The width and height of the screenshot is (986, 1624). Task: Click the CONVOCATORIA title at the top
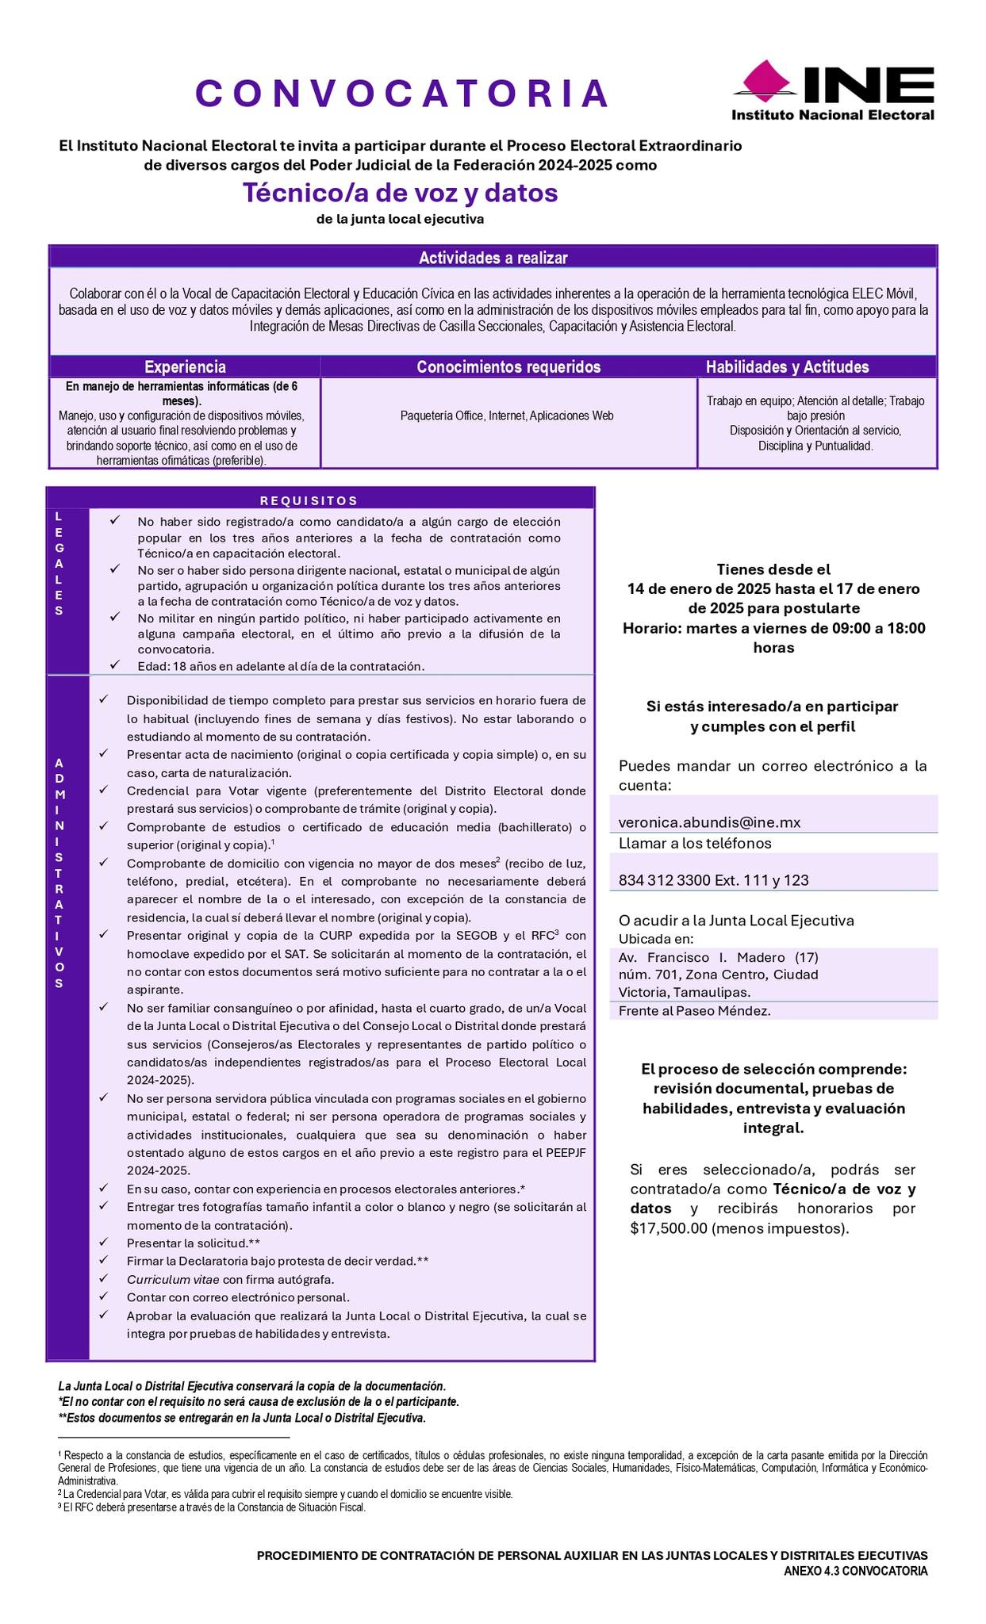point(401,94)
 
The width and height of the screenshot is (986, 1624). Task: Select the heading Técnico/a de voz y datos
point(400,193)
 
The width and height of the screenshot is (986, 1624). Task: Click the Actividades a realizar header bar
point(493,258)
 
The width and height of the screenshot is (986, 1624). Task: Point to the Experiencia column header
point(185,367)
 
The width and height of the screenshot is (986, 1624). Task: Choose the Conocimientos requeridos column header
point(508,367)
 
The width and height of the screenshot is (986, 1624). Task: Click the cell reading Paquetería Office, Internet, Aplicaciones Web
point(507,416)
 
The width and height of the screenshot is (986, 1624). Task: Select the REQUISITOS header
point(309,500)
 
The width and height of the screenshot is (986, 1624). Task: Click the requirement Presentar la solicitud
point(186,1243)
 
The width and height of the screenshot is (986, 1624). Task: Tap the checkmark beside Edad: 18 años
point(115,665)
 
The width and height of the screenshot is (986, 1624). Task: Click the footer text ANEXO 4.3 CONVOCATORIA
point(855,1571)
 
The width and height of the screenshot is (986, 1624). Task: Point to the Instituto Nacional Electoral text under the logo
point(832,115)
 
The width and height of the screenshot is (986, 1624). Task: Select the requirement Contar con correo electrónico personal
point(238,1297)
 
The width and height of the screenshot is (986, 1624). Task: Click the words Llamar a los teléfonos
point(695,843)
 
